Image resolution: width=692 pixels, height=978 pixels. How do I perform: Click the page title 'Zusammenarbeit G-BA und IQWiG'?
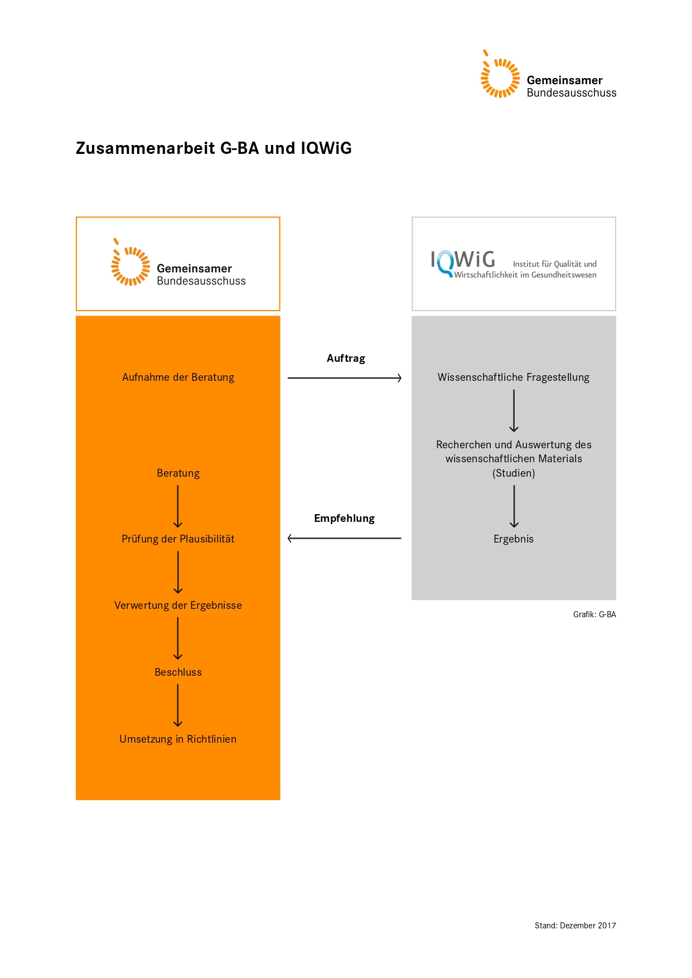click(x=214, y=148)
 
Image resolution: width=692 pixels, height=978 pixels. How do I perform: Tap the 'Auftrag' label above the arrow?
click(x=346, y=359)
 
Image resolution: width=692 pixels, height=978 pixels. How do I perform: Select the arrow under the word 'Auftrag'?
click(x=345, y=378)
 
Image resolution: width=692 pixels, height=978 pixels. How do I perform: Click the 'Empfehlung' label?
click(x=344, y=519)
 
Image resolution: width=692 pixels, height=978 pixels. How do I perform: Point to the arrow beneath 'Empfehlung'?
click(x=344, y=538)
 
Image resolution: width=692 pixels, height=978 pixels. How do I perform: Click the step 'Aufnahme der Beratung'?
click(x=178, y=377)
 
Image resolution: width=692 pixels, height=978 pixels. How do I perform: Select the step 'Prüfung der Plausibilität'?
click(x=178, y=539)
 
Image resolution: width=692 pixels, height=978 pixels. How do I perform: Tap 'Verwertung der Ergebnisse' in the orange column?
click(x=178, y=606)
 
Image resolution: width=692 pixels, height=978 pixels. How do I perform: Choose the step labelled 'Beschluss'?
click(x=178, y=672)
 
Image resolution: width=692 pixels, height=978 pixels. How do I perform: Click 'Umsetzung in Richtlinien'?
click(x=178, y=739)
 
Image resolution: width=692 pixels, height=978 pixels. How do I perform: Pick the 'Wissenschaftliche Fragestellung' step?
click(x=514, y=377)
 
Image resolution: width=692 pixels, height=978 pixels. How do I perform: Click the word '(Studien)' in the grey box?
click(x=514, y=473)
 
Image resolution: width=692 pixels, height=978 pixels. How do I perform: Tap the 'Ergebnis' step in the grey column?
click(x=514, y=539)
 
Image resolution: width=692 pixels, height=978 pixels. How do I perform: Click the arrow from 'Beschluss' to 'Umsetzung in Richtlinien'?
click(x=178, y=705)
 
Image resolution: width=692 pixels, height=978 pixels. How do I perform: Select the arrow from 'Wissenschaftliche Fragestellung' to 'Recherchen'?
click(x=514, y=411)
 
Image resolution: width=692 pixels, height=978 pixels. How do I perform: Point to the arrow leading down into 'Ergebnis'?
click(x=514, y=506)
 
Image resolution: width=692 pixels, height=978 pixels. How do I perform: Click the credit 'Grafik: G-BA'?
click(x=594, y=614)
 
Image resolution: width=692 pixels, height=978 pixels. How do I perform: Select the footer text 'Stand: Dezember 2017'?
click(x=575, y=926)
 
